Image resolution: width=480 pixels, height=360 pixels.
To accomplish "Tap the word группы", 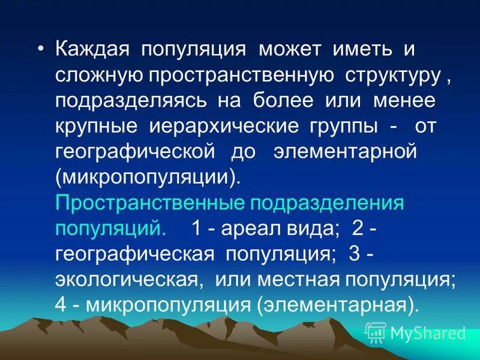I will tap(323, 127).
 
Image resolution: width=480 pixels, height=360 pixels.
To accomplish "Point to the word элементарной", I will tap(345, 152).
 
